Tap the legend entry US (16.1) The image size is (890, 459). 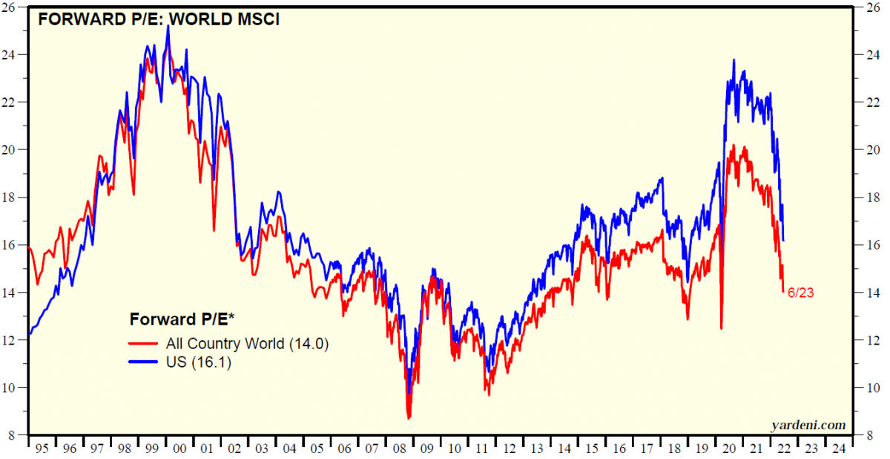tap(200, 362)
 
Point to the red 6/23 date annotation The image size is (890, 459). tap(801, 293)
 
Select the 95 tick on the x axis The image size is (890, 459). tap(42, 449)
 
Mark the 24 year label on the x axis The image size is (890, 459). tap(838, 449)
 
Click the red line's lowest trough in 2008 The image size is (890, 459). tap(409, 418)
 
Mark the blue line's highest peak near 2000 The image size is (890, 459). tap(168, 26)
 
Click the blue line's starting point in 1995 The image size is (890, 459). tap(29, 335)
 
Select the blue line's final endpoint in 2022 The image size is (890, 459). tap(784, 241)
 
